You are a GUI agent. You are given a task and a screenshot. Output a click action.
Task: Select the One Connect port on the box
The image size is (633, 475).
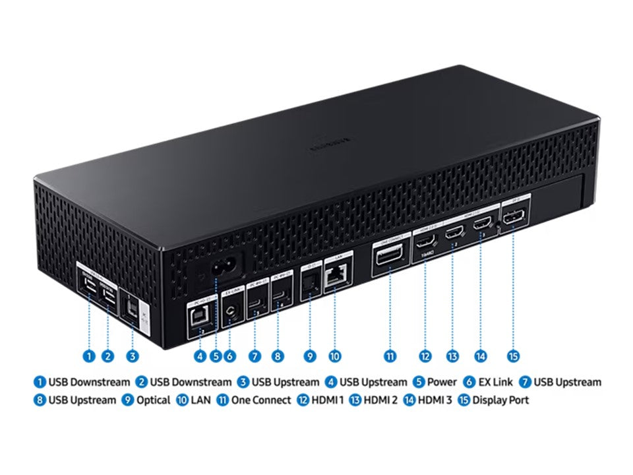click(390, 255)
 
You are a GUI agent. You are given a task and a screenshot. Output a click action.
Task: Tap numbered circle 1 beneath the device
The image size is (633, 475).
click(89, 356)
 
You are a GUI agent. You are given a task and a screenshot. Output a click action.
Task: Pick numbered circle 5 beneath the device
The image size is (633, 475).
click(216, 356)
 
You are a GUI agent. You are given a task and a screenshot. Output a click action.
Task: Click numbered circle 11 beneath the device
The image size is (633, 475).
click(390, 356)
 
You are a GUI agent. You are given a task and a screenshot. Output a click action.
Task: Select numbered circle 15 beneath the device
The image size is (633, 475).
click(514, 356)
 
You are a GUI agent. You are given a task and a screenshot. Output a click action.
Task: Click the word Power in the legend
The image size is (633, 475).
click(442, 382)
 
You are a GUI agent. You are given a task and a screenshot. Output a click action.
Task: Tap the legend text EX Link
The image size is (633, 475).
click(495, 382)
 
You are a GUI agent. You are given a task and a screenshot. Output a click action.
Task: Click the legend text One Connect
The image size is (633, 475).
click(261, 400)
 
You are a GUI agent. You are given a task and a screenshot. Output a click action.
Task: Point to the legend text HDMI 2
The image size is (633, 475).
click(380, 400)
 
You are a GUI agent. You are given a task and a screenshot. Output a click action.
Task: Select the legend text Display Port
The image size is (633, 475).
click(500, 400)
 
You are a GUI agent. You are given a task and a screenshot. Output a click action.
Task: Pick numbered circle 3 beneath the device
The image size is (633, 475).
click(133, 356)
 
